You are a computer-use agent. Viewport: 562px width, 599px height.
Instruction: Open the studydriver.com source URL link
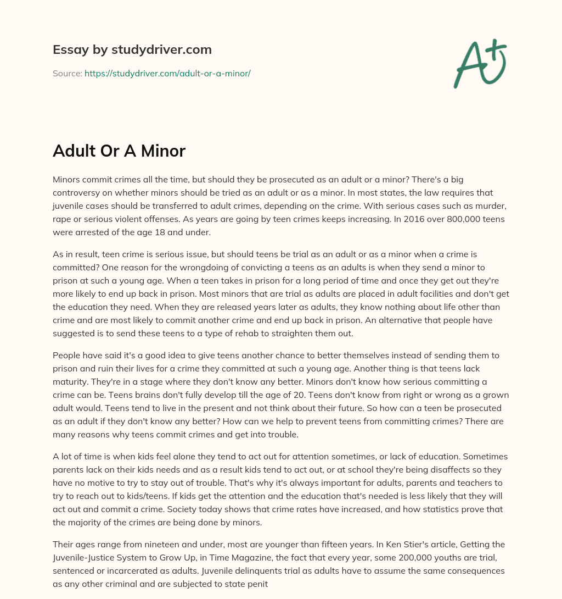point(167,73)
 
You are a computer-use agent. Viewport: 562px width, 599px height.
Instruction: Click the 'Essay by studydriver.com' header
point(132,49)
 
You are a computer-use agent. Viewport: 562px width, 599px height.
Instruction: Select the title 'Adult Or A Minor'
point(119,151)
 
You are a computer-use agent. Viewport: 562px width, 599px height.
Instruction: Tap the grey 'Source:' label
point(68,73)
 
